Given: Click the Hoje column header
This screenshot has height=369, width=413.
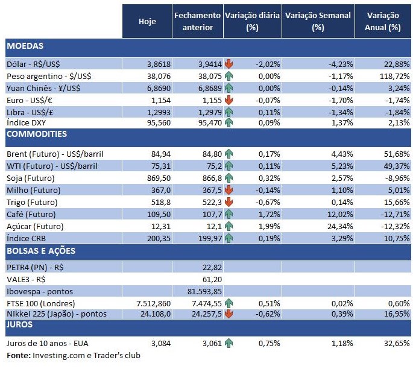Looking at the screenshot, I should point(147,22).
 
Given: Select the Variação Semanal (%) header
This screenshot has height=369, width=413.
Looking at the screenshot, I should point(318,22).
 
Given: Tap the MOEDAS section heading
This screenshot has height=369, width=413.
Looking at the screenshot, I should point(25,46).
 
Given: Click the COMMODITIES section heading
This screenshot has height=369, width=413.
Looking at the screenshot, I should point(37,134).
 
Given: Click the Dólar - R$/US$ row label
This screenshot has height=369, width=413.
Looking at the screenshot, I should point(33,63).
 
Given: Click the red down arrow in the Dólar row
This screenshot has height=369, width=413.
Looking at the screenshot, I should point(229,63).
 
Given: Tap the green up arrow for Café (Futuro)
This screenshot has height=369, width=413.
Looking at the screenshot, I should point(229,214).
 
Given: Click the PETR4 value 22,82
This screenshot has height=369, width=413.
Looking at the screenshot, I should point(204,266).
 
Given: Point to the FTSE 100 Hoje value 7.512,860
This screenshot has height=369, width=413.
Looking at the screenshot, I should point(147,303).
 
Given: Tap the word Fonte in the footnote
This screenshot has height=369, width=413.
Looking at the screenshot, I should point(17,356).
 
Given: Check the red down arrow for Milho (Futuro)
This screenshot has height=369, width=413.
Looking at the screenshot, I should point(229,189).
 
